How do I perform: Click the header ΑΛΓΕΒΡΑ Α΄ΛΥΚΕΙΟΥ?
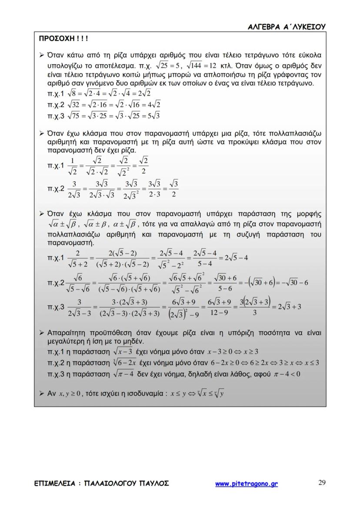(x=286, y=27)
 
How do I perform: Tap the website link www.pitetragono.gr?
(x=246, y=484)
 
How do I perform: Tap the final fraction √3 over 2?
(x=173, y=189)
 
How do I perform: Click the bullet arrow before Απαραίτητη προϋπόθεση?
(x=42, y=333)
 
